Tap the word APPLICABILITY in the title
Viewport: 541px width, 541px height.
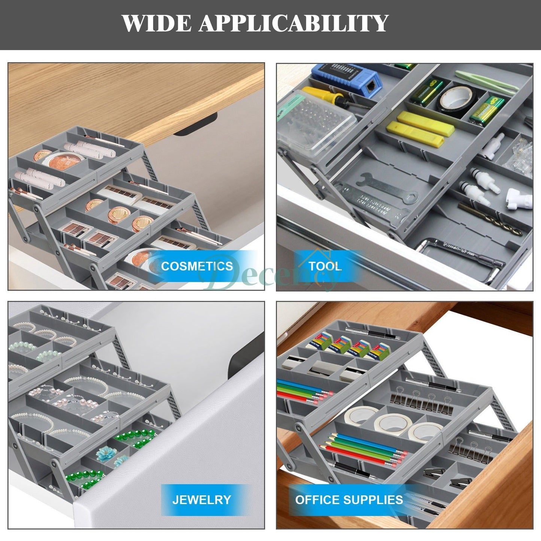coord(293,23)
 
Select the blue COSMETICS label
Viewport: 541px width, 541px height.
coord(197,266)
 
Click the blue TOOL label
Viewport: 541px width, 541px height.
coord(325,266)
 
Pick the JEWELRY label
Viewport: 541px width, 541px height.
coord(201,499)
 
